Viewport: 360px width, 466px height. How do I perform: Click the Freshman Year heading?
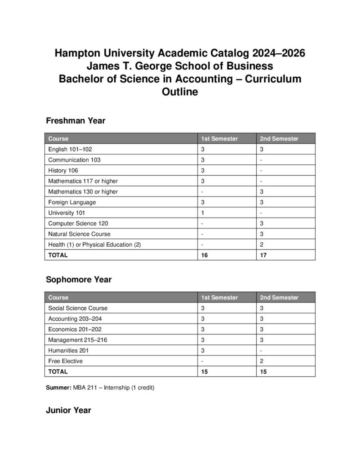pyautogui.click(x=76, y=121)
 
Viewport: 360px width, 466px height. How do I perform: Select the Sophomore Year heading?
pyautogui.click(x=79, y=279)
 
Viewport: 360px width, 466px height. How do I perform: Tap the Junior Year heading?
pyautogui.click(x=68, y=410)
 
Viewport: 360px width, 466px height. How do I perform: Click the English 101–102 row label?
pyautogui.click(x=70, y=149)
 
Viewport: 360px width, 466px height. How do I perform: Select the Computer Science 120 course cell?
pyautogui.click(x=78, y=223)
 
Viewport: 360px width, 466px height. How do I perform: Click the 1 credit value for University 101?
pyautogui.click(x=203, y=213)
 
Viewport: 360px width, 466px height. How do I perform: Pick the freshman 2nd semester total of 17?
pyautogui.click(x=264, y=255)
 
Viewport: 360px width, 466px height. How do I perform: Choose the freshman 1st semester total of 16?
pyautogui.click(x=204, y=255)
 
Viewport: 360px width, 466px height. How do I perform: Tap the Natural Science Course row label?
pyautogui.click(x=79, y=234)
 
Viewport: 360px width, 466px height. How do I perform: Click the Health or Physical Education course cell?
pyautogui.click(x=94, y=245)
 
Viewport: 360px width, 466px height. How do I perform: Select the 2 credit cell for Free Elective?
pyautogui.click(x=262, y=361)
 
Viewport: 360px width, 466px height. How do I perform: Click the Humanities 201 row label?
pyautogui.click(x=68, y=350)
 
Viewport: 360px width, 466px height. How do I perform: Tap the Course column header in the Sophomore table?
pyautogui.click(x=58, y=298)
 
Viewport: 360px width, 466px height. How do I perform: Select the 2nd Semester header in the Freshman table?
pyautogui.click(x=279, y=139)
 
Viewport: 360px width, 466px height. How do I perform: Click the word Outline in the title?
pyautogui.click(x=180, y=92)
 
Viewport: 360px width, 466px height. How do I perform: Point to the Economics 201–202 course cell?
pyautogui.click(x=73, y=329)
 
